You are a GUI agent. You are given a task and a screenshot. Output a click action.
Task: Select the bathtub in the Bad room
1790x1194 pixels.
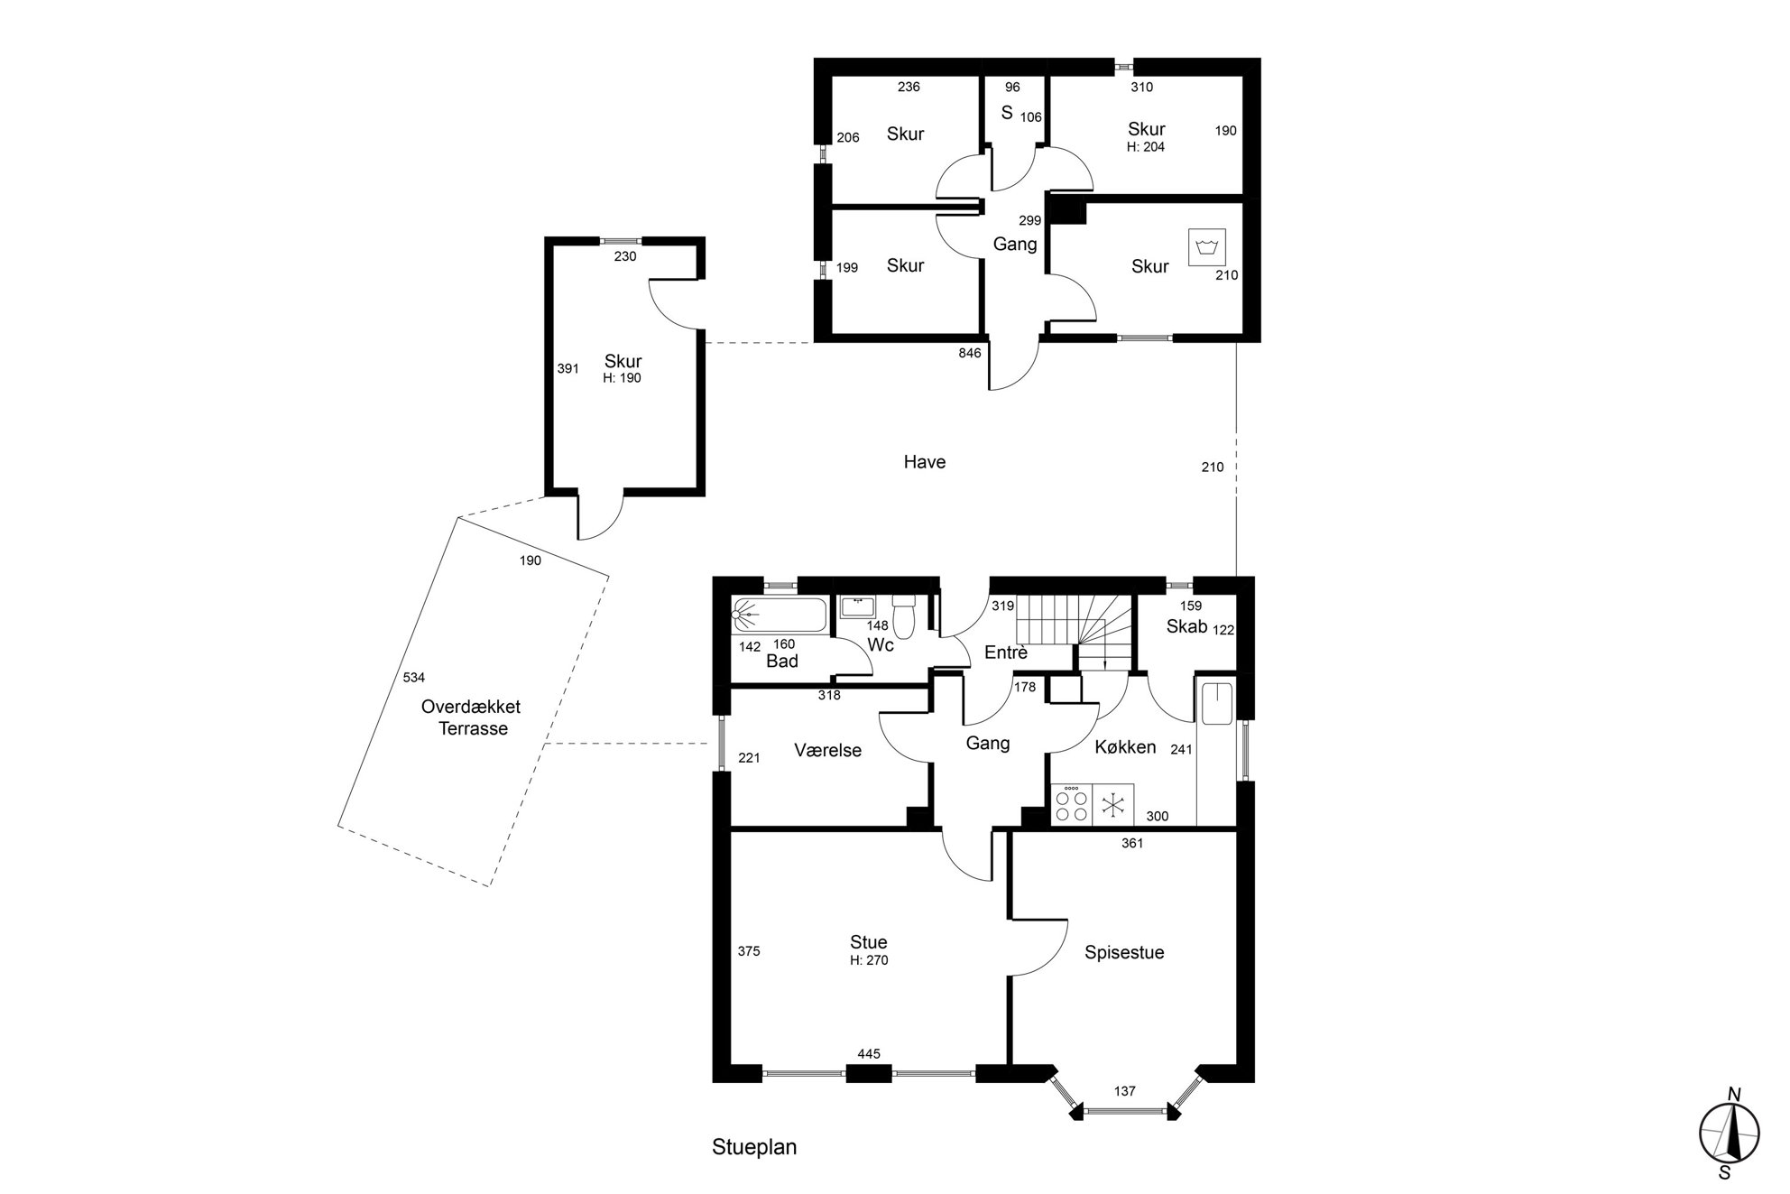[x=780, y=616]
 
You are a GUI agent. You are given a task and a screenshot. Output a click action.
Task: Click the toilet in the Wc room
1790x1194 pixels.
[x=904, y=615]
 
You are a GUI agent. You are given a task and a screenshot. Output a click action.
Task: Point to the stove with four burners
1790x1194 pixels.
[x=1072, y=804]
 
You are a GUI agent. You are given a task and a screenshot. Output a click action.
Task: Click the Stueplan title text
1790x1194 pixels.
[x=754, y=1147]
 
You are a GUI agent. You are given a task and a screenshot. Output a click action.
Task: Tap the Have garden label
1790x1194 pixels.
[x=925, y=462]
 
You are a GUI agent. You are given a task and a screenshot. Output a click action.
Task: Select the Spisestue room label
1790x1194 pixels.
[x=1124, y=952]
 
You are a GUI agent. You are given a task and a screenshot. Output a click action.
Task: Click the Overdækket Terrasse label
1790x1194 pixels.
[x=471, y=717]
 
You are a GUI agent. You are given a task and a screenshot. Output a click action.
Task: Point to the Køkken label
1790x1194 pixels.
[x=1125, y=747]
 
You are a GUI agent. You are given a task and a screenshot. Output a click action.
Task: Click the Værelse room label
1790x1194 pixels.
[x=827, y=750]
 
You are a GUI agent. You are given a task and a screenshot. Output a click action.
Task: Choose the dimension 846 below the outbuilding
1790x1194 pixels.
[x=970, y=353]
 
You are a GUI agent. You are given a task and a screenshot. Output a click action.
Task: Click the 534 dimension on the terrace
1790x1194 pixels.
[x=413, y=677]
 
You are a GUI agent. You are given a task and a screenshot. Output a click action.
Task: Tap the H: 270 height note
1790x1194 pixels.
[x=869, y=960]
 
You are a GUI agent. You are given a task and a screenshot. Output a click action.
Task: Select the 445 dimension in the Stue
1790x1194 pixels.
[x=869, y=1053]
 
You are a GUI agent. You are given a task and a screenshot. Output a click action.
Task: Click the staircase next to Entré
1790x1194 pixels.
[x=1074, y=633]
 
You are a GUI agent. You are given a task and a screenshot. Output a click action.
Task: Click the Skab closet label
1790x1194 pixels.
[x=1186, y=626]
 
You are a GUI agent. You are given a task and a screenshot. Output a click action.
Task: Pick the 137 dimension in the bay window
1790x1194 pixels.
[x=1124, y=1091]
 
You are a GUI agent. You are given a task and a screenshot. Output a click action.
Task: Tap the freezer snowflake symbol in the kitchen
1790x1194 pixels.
[x=1113, y=804]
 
